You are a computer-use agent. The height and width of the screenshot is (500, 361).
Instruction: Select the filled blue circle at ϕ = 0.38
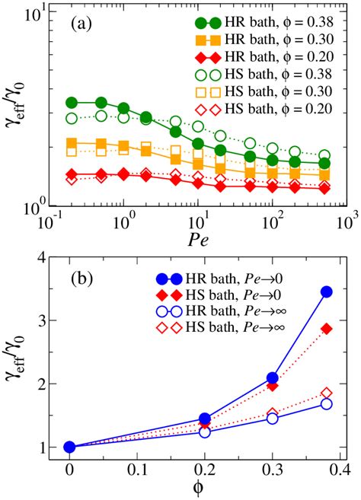[326, 291]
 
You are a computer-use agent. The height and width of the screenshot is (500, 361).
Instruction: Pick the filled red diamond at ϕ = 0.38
[326, 328]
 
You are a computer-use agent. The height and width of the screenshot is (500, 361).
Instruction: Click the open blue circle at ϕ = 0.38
[326, 403]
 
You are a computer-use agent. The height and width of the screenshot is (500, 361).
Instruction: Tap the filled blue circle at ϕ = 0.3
[272, 378]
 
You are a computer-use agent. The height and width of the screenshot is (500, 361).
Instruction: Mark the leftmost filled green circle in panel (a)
[72, 102]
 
